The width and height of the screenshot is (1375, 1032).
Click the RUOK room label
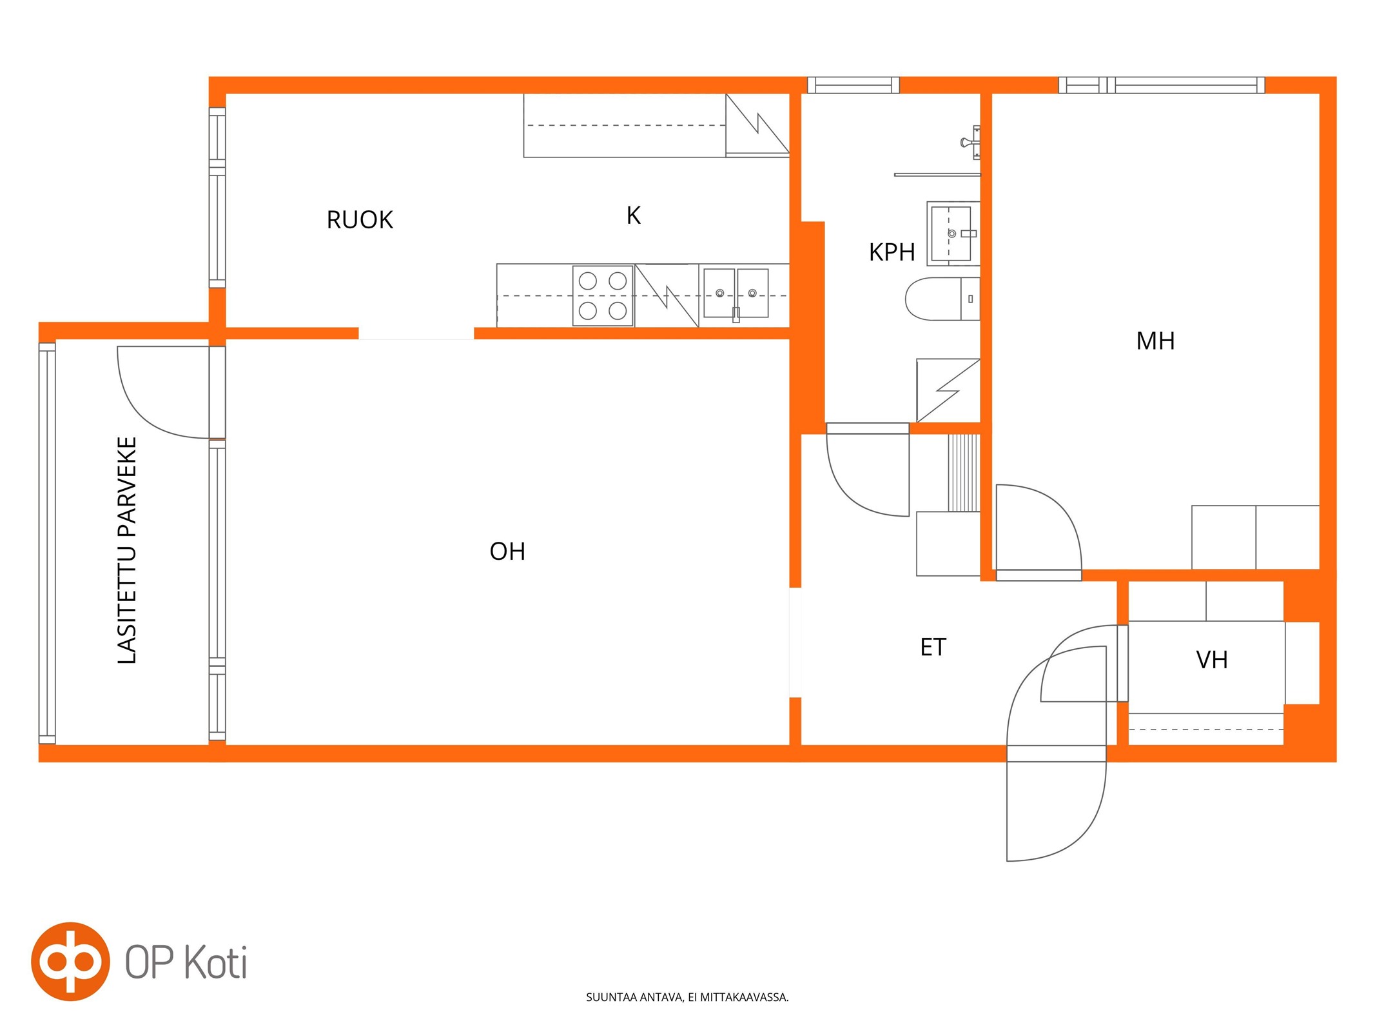pos(360,220)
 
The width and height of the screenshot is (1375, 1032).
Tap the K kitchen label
pos(634,215)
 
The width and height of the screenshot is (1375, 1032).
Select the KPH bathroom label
pos(892,252)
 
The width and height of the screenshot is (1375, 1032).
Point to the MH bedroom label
pos(1155,341)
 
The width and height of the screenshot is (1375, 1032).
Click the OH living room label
pos(507,551)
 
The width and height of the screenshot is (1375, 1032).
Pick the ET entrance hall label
pos(933,647)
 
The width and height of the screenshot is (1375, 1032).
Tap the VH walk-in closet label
pos(1212,660)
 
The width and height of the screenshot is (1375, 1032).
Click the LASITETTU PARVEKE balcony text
pos(127,550)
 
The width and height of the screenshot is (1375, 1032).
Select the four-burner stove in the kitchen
pos(603,295)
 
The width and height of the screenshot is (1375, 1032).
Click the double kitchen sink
pos(736,293)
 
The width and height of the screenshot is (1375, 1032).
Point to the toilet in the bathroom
pos(942,299)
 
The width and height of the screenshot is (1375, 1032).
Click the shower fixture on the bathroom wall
pos(971,143)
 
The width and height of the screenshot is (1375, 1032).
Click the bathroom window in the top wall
pos(853,84)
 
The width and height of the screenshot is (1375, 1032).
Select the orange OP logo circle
pos(70,961)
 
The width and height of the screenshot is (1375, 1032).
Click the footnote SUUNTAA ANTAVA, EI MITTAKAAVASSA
pos(687,997)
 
